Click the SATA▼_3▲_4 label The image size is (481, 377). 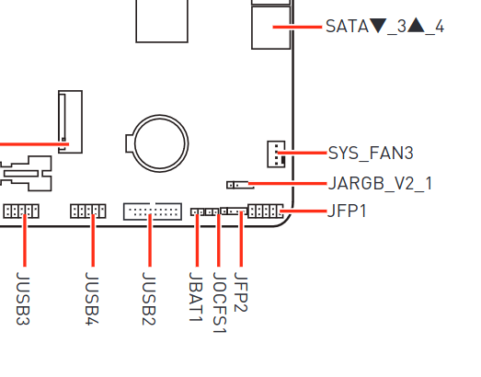click(x=384, y=27)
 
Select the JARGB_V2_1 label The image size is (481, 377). click(x=380, y=182)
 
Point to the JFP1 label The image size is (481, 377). click(x=347, y=211)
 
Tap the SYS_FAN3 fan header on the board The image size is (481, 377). click(x=274, y=154)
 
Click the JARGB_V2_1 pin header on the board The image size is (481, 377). click(x=237, y=183)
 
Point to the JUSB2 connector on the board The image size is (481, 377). click(x=152, y=211)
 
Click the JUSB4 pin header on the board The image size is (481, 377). click(x=87, y=211)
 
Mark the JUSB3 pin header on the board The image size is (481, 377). click(x=20, y=211)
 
